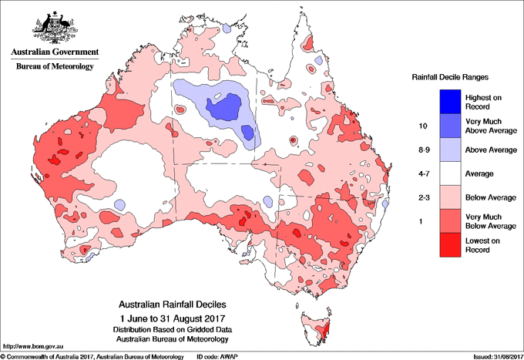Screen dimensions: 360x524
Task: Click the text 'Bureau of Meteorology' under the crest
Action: click(x=54, y=67)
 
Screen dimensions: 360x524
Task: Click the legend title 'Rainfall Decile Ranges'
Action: click(x=452, y=76)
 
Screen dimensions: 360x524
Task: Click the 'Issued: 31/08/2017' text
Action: click(x=491, y=356)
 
